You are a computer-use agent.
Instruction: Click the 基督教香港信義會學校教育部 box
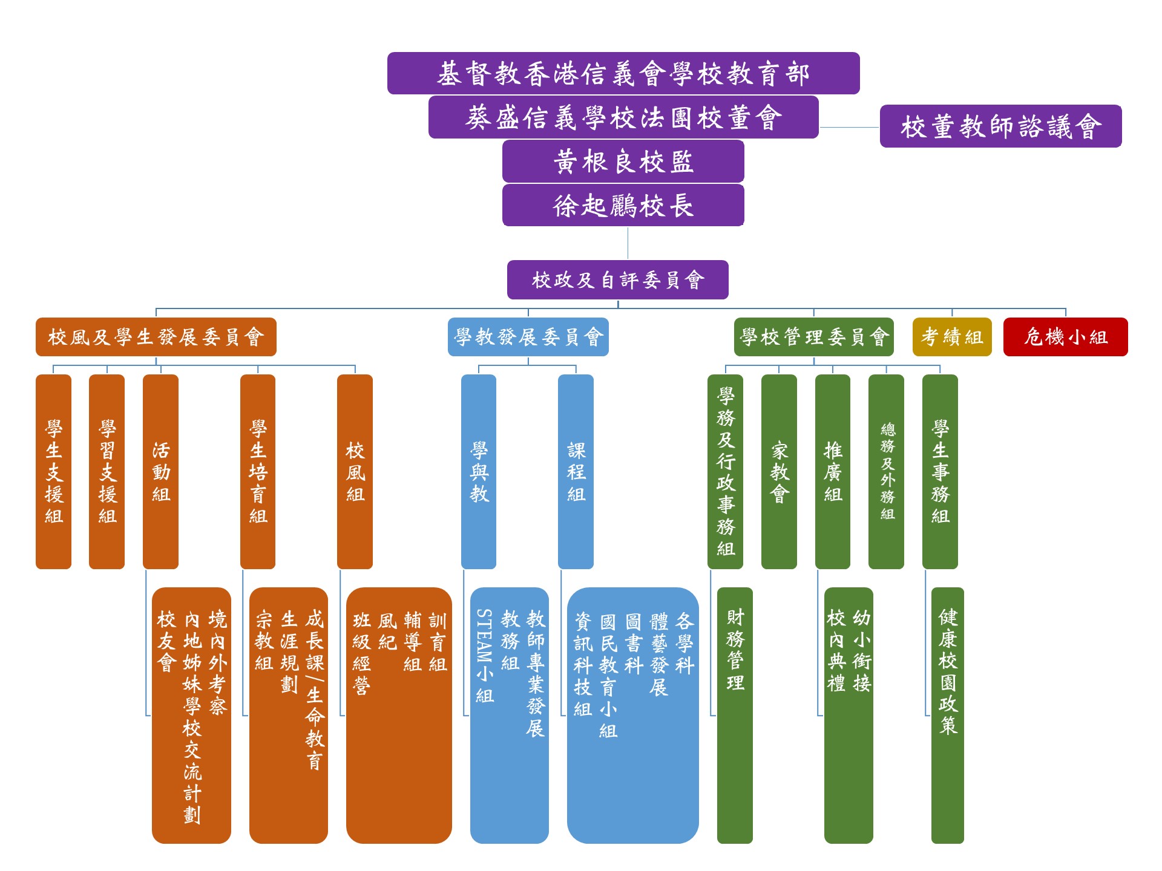[x=623, y=73]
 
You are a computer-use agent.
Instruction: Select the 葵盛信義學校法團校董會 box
[x=623, y=117]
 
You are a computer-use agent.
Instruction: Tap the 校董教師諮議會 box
[x=1000, y=126]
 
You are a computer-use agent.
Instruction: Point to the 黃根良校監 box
[x=623, y=161]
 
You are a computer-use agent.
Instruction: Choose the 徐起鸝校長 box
[x=623, y=206]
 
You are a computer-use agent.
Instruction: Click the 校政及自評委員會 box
[x=618, y=280]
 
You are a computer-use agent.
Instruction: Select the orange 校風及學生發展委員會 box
[x=156, y=337]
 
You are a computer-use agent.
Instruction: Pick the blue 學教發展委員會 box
[x=528, y=337]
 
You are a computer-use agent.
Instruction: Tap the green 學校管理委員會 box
[x=814, y=337]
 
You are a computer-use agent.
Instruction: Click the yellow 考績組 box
[x=952, y=337]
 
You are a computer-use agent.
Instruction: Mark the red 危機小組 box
[x=1066, y=337]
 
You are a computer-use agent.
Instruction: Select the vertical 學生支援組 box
[x=54, y=472]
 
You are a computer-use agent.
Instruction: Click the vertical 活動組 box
[x=161, y=472]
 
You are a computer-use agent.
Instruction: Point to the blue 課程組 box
[x=576, y=472]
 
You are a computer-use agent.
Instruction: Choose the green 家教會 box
[x=779, y=472]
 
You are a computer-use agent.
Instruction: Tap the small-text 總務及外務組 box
[x=887, y=472]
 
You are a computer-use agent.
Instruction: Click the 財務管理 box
[x=735, y=716]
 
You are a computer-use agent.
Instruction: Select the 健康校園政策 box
[x=948, y=716]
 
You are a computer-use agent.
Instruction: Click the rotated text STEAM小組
[x=484, y=656]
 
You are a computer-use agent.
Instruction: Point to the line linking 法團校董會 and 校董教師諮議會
[x=849, y=128]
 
